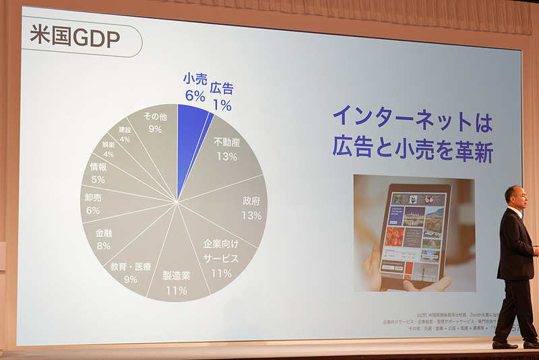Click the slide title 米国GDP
point(75,38)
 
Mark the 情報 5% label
point(98,173)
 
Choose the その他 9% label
point(155,122)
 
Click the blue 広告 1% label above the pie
point(221,96)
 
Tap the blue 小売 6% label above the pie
point(195,87)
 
